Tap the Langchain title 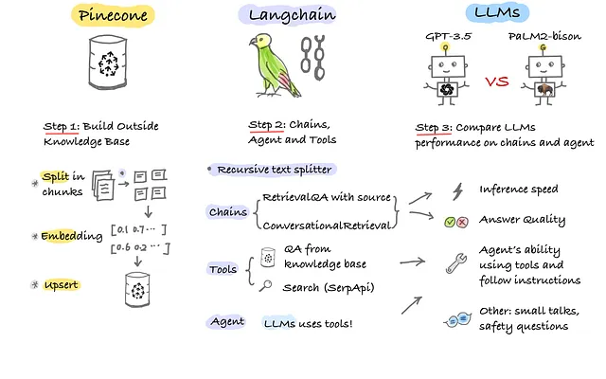tap(283, 17)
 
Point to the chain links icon tap(312, 61)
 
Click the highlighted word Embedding tap(72, 233)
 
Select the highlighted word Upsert tap(62, 284)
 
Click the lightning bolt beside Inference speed tap(457, 191)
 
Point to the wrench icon tap(455, 264)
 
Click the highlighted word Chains tap(228, 212)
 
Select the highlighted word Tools tap(223, 269)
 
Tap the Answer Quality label tap(523, 220)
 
